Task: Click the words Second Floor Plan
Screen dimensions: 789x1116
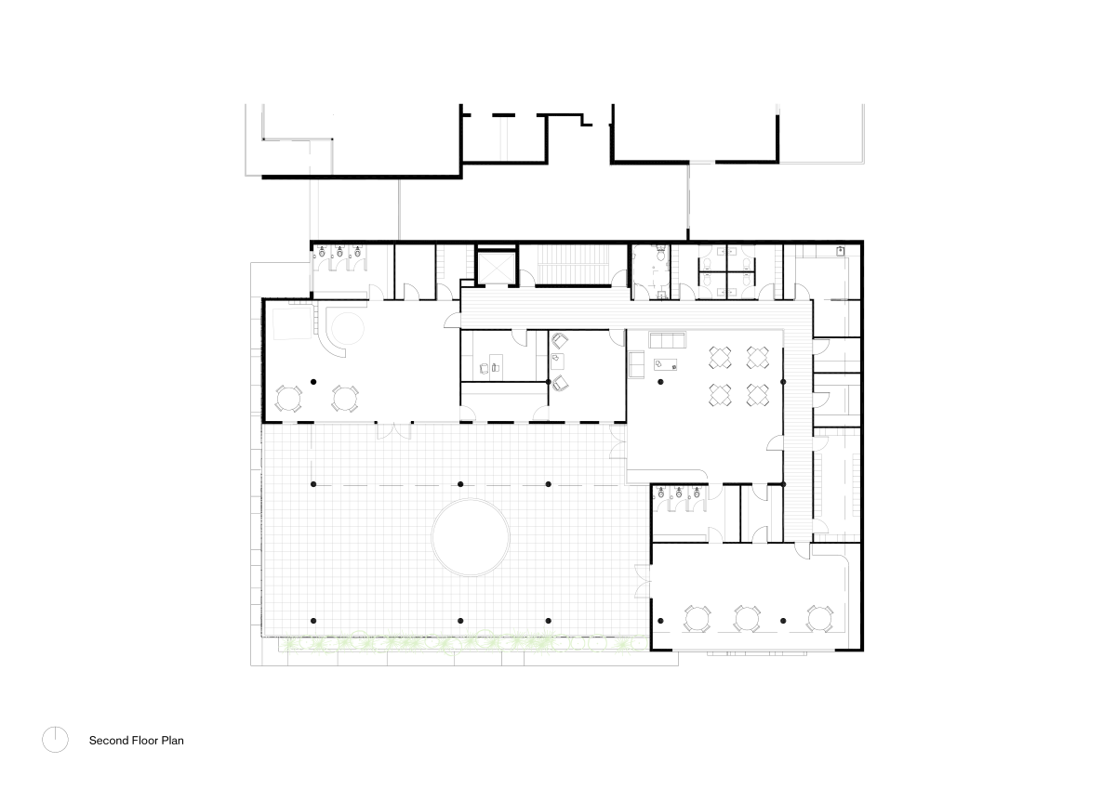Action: [136, 741]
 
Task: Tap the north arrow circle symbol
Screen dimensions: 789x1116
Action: [55, 739]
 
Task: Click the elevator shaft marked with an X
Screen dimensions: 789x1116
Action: [495, 268]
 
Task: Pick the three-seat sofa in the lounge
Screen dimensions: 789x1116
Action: [667, 338]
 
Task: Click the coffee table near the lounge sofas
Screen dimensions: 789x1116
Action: [666, 364]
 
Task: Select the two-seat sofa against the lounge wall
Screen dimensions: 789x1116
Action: [637, 365]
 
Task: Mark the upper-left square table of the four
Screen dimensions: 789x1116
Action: [720, 357]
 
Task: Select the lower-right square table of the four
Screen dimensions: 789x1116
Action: [758, 394]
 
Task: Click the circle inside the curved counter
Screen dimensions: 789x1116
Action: [349, 329]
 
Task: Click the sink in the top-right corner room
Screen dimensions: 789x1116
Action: [840, 250]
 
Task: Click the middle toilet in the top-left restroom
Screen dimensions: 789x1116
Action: [339, 252]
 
